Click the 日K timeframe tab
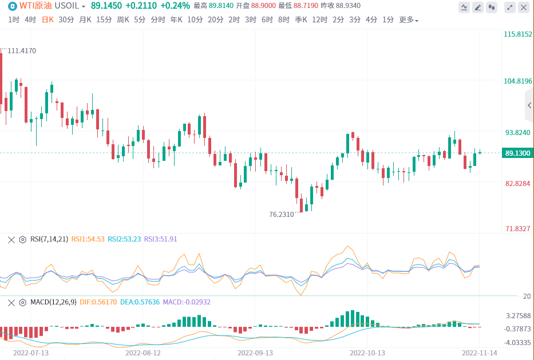[48, 19]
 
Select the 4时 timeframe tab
[30, 19]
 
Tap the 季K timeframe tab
[301, 19]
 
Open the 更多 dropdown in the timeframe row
[408, 19]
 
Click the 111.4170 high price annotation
[22, 51]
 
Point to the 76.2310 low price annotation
[281, 214]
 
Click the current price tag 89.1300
[517, 153]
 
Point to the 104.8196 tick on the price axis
[518, 81]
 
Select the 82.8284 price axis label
[517, 183]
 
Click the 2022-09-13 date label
[255, 353]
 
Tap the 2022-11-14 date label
[480, 353]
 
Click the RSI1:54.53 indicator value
[88, 239]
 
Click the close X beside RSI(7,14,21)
[11, 239]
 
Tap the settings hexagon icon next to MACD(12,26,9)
[22, 302]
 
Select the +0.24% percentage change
[175, 6]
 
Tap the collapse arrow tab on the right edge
[529, 106]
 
